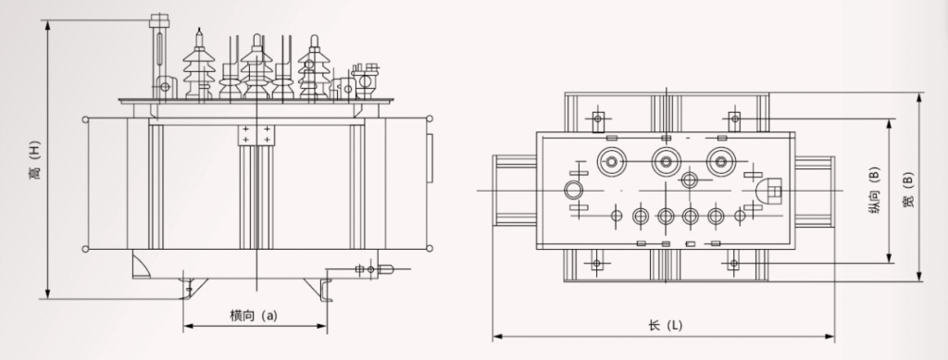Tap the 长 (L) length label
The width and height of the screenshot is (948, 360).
pyautogui.click(x=665, y=325)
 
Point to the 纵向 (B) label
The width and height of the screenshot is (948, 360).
pyautogui.click(x=873, y=191)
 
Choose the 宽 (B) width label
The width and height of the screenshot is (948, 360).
pyautogui.click(x=907, y=190)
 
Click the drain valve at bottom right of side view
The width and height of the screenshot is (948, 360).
pyautogui.click(x=375, y=270)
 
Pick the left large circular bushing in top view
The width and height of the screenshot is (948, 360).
pyautogui.click(x=612, y=161)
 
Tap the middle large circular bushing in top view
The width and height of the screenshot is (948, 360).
pyautogui.click(x=665, y=161)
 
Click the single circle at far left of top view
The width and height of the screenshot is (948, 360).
pyautogui.click(x=574, y=192)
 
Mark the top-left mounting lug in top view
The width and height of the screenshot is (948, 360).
pyautogui.click(x=597, y=118)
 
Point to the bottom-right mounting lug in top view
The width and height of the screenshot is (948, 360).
pyautogui.click(x=733, y=264)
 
